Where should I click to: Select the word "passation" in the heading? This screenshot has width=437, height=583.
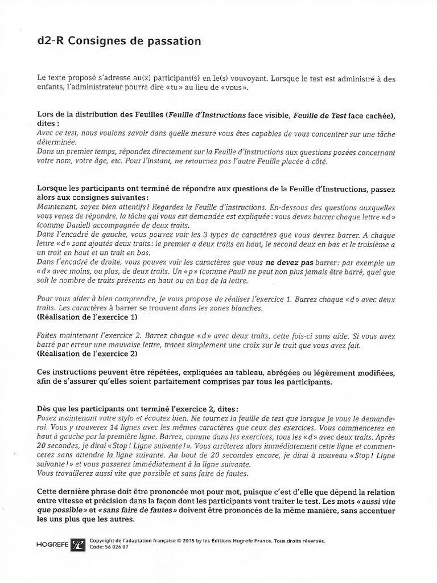point(173,42)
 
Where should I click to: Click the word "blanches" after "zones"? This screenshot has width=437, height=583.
point(246,308)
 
